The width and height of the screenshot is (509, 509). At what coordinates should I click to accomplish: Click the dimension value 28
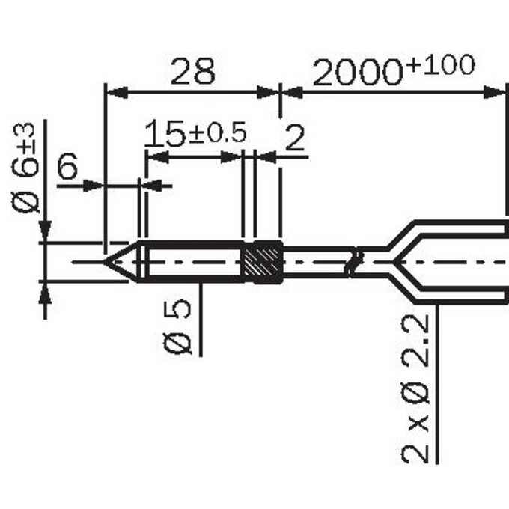click(192, 71)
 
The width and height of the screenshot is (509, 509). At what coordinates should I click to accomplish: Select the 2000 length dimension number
click(358, 73)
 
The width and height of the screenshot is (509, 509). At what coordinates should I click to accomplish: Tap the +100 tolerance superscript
click(442, 65)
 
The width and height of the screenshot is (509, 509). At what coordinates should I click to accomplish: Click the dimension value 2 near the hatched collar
click(294, 138)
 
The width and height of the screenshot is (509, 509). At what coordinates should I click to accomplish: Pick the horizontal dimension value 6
click(67, 165)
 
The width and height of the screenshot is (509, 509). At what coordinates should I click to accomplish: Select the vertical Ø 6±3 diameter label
click(25, 168)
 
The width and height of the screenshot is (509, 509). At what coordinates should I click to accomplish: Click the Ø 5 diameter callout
click(177, 326)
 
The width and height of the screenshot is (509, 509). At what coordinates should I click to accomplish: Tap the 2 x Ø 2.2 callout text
click(415, 388)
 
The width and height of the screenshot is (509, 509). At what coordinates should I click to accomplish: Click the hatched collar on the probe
click(263, 262)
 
